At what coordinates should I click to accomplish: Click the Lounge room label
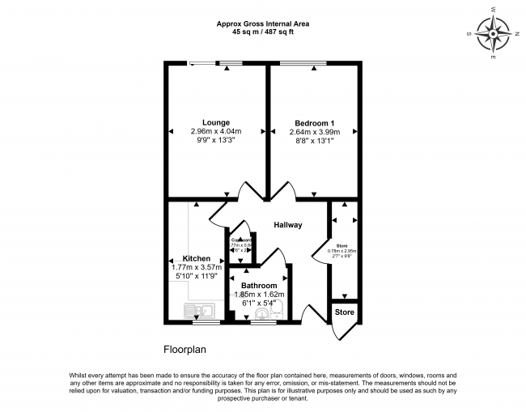point(216,122)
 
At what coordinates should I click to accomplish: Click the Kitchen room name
point(197,258)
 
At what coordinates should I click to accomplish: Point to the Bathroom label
point(259,286)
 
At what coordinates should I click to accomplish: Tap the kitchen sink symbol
point(198,310)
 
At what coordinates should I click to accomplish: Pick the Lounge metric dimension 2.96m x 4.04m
point(216,131)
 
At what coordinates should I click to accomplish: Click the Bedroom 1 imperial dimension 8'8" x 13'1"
point(315,140)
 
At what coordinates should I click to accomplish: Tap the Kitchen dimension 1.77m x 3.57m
point(197,267)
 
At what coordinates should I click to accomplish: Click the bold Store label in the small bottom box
point(345,312)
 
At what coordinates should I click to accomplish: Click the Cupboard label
point(242,240)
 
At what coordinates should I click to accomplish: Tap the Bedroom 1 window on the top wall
point(310,63)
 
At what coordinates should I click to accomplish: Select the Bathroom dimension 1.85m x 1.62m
point(259,295)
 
